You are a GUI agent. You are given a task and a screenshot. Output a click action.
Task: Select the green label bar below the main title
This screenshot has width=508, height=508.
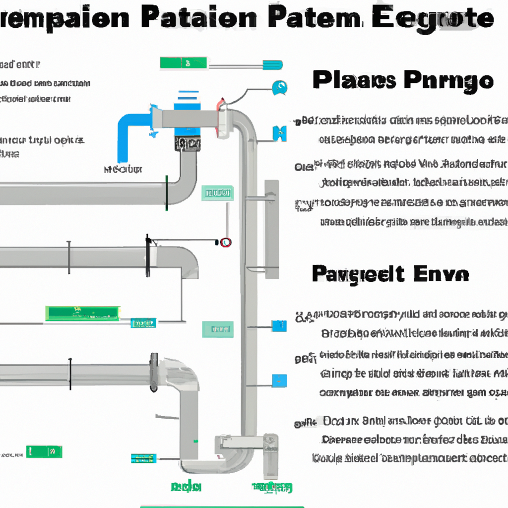183,63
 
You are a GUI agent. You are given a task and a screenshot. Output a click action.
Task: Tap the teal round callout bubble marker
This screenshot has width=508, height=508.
280,88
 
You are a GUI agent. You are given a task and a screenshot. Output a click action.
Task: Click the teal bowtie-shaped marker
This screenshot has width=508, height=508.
280,133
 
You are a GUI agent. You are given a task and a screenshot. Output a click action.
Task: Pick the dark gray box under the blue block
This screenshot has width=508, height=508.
188,144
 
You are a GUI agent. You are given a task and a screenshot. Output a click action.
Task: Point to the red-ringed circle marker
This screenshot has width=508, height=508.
226,243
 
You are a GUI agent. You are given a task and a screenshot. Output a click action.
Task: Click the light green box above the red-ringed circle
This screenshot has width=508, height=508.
217,193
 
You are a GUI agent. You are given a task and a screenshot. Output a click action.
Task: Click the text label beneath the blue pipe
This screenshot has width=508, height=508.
124,170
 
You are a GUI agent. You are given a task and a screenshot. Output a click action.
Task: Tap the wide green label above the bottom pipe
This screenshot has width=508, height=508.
83,313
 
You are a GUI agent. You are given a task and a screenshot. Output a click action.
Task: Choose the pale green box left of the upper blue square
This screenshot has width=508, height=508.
217,328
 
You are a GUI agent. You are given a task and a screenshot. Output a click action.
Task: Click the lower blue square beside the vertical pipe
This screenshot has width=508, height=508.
279,381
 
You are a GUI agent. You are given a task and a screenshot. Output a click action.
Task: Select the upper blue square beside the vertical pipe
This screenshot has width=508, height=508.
279,326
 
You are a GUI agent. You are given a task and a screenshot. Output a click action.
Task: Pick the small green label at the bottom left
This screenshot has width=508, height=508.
44,451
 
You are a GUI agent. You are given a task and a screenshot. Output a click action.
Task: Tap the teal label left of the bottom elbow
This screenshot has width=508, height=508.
144,458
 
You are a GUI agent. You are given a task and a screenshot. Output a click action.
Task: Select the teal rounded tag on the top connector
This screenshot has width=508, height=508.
272,65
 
